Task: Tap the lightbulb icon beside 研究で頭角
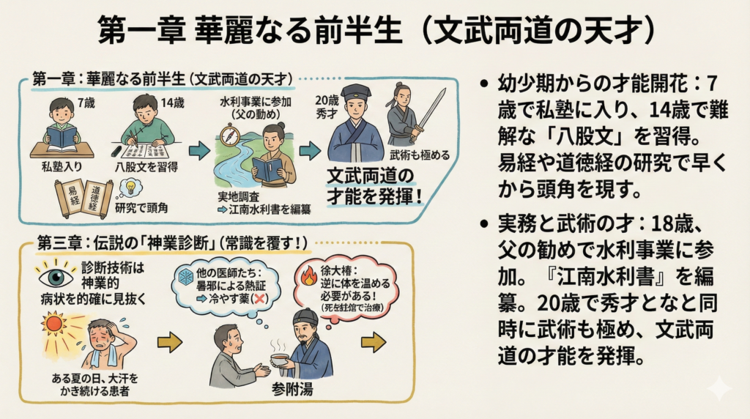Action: point(132,188)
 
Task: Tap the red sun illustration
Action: point(56,322)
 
